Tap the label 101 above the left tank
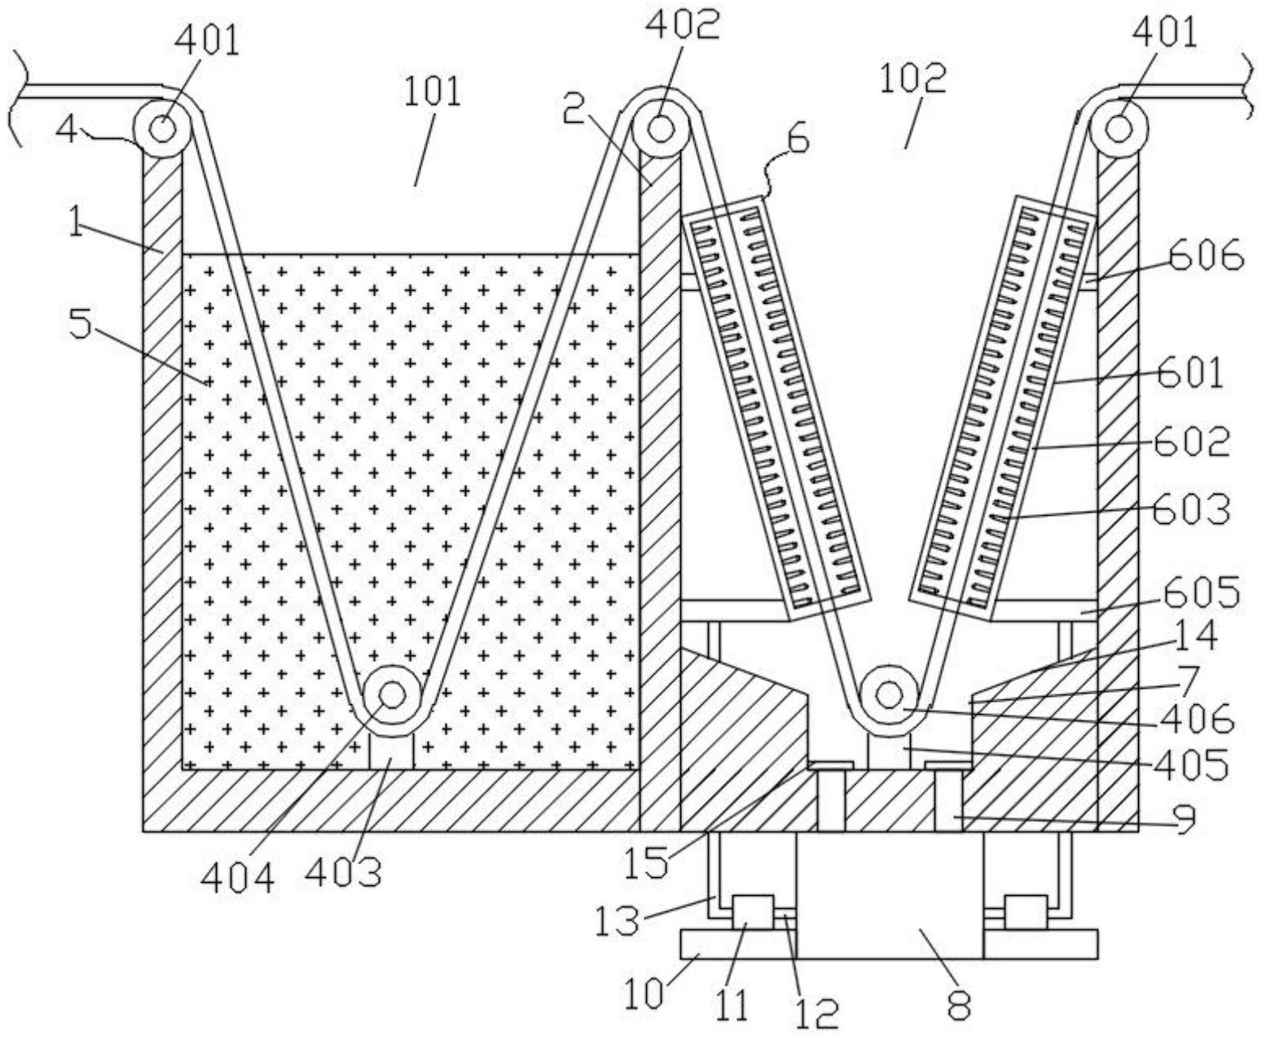(432, 93)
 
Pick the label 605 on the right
(1201, 593)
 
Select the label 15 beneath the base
(645, 863)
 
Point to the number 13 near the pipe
(618, 920)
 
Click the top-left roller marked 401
(162, 129)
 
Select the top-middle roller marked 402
(661, 128)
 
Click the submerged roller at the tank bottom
(392, 695)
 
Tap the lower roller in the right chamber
(890, 695)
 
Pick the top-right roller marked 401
(1119, 129)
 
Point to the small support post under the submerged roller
(391, 750)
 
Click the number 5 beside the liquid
(82, 325)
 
